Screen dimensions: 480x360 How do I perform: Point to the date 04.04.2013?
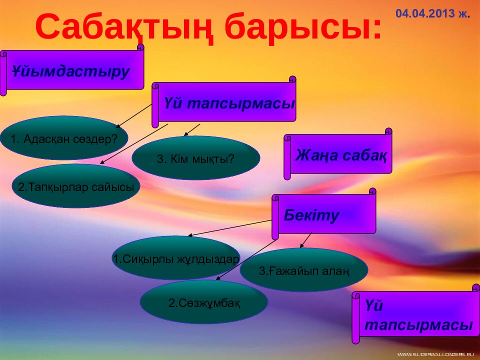[x=425, y=13]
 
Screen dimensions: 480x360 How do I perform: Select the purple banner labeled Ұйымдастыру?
[x=72, y=70]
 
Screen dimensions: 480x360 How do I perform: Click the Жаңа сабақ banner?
[x=338, y=154]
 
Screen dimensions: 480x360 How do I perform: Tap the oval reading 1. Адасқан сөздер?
[x=64, y=138]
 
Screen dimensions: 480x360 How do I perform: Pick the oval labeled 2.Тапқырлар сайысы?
[x=76, y=186]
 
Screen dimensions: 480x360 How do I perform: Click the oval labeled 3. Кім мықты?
[x=196, y=157]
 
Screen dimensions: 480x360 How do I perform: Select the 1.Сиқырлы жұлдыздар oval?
[x=176, y=258]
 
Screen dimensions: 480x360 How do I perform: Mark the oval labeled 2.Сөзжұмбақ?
[x=204, y=302]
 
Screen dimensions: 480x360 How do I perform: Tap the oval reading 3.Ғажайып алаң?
[x=304, y=269]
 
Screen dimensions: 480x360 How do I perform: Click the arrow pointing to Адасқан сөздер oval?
[x=134, y=116]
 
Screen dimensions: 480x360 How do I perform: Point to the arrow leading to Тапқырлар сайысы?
[x=134, y=144]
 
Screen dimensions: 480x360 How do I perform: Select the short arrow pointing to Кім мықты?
[x=191, y=130]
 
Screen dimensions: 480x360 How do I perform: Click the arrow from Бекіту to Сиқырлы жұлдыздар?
[x=229, y=228]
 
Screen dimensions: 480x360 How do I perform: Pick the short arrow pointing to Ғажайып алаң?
[x=305, y=240]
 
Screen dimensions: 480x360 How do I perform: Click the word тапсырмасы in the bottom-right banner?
[x=418, y=325]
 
